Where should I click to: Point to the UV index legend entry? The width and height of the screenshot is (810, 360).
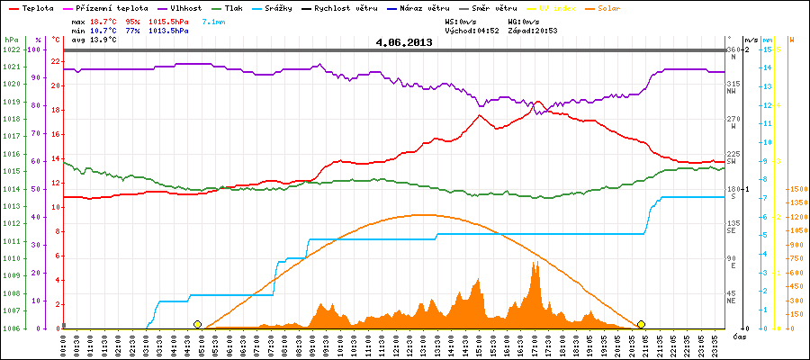(560, 7)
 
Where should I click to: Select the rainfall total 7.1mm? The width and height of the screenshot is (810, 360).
(214, 20)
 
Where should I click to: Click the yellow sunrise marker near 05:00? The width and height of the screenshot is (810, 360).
(197, 324)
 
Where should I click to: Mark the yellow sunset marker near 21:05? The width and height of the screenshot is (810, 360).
(642, 324)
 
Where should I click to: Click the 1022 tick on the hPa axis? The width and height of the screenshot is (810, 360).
(11, 49)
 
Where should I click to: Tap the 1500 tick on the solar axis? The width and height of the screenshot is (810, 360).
(797, 190)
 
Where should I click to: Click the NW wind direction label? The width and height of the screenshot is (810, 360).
(733, 91)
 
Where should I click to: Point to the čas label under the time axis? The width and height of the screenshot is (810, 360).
(738, 337)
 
